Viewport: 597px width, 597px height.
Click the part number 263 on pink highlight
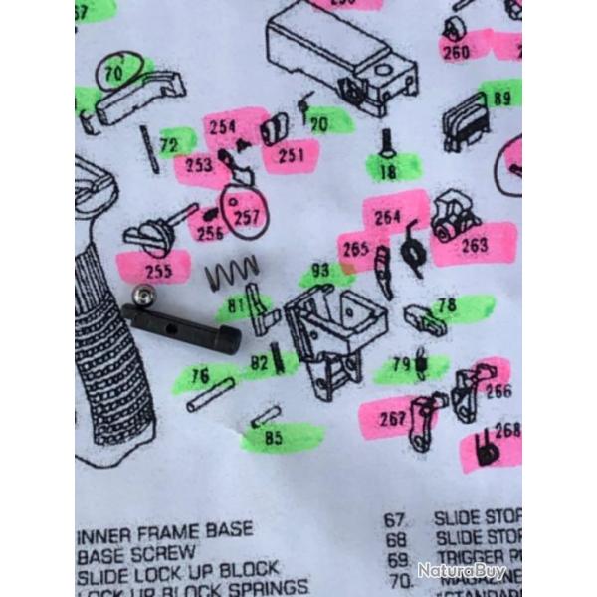(474, 245)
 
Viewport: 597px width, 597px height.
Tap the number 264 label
(387, 217)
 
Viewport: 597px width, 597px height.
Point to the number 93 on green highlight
(319, 271)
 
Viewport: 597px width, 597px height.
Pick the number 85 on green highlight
(272, 435)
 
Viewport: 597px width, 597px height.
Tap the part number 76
(200, 376)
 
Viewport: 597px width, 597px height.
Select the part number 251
(292, 155)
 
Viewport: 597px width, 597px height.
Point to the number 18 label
(387, 171)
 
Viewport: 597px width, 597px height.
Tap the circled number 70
(112, 72)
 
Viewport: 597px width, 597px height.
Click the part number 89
(501, 98)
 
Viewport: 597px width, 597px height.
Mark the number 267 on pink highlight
(392, 419)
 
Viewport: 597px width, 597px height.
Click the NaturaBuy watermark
(461, 571)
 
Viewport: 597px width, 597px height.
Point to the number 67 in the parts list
(396, 520)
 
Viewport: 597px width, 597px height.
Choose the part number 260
(456, 51)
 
